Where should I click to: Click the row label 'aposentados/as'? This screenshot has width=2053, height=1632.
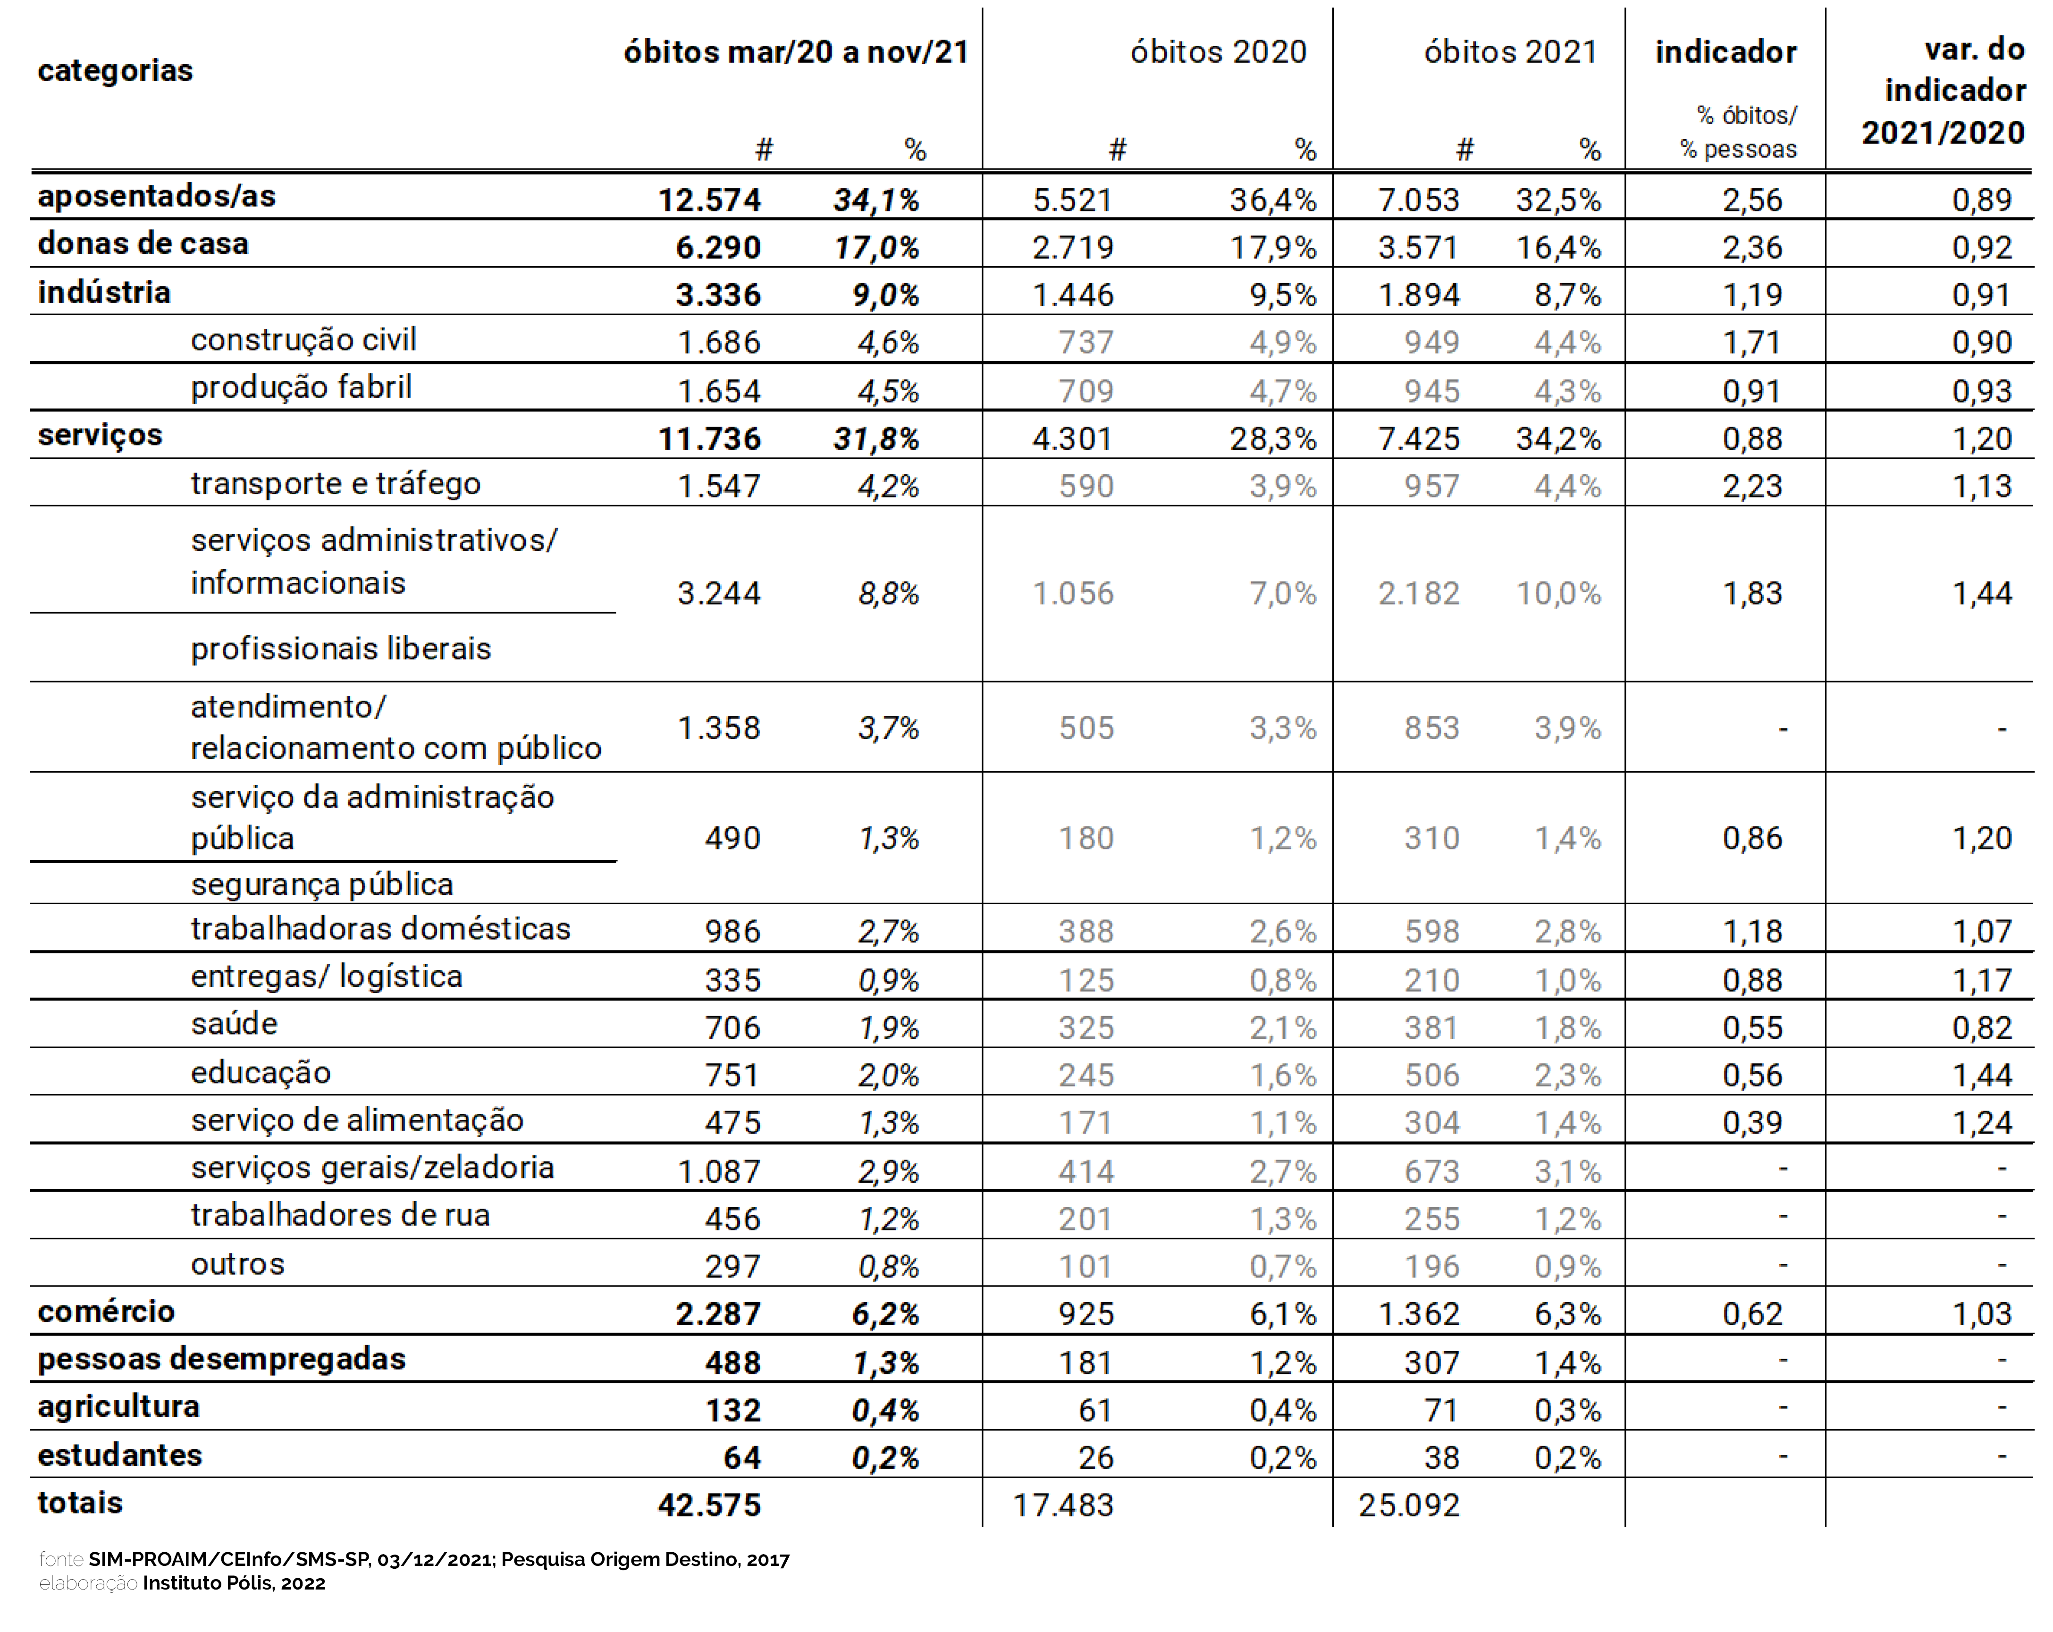[156, 196]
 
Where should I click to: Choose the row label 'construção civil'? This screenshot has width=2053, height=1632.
[303, 340]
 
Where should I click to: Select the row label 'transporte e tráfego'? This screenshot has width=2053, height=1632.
[335, 484]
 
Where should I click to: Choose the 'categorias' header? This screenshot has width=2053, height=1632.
[115, 70]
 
